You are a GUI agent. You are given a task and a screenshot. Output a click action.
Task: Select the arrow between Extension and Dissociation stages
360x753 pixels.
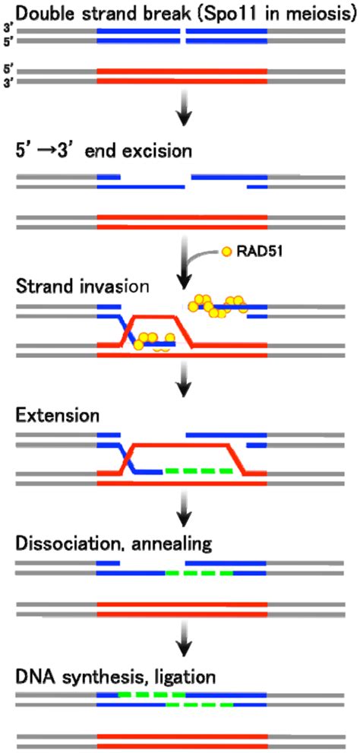(182, 517)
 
